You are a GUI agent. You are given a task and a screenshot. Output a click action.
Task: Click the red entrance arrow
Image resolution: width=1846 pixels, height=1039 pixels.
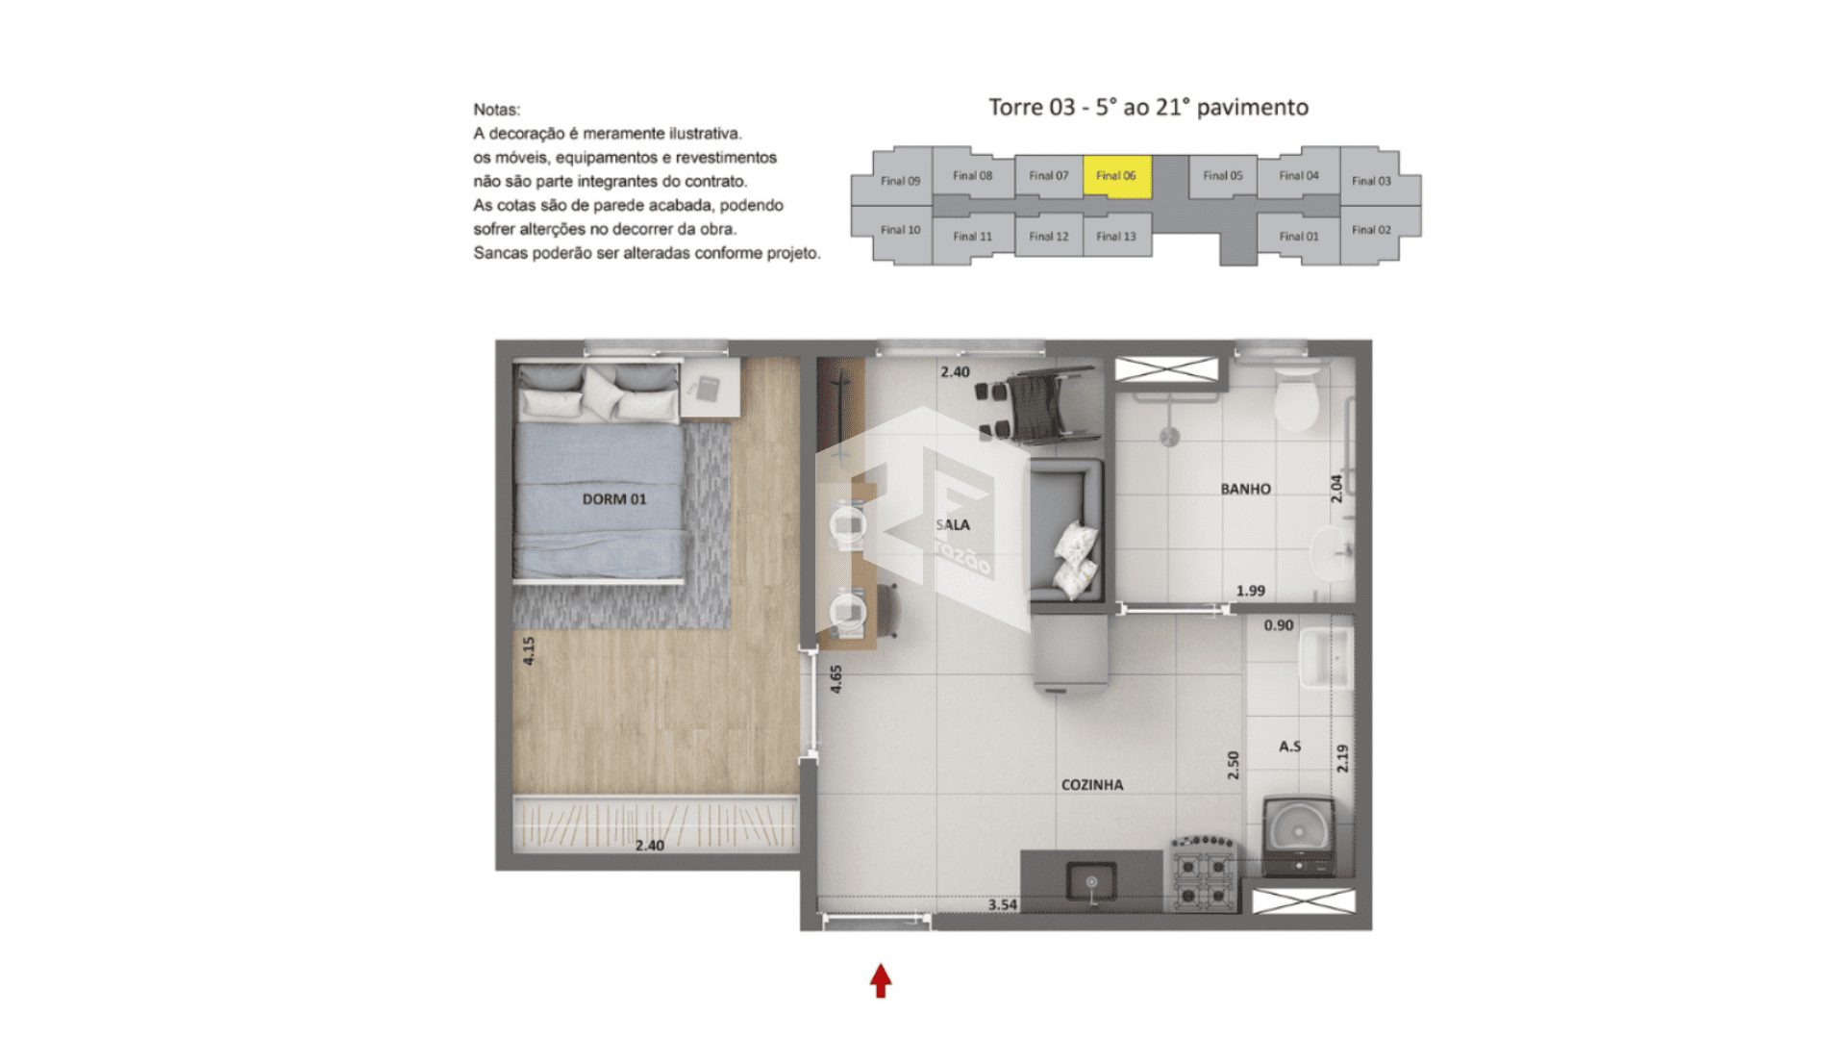coord(881,980)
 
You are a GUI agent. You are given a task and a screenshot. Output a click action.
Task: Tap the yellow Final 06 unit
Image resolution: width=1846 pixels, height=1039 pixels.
coord(1116,176)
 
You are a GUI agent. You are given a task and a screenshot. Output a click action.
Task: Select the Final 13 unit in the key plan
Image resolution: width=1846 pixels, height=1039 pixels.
coord(1116,236)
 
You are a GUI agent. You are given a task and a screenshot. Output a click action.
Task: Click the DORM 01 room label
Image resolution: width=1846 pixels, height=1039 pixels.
coord(614,499)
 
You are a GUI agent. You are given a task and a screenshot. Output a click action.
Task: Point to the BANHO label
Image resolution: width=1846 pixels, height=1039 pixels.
coord(1245,489)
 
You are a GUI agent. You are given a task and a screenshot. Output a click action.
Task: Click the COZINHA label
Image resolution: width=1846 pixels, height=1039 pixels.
coord(1092,785)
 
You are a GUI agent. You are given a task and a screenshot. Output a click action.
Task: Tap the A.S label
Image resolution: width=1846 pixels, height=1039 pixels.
coord(1289,747)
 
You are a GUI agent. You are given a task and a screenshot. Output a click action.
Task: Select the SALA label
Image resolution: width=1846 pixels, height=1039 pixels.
coord(953,524)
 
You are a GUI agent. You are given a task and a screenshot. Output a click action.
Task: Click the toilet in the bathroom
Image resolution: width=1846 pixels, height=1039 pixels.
coord(1296,398)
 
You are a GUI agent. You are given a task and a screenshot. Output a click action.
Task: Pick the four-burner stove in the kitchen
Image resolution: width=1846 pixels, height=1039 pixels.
coord(1204,874)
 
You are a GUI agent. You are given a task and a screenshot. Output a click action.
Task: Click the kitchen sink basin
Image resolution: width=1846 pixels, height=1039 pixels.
coord(1091,881)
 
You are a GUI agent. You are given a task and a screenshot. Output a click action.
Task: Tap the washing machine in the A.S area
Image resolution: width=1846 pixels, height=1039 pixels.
coord(1298,836)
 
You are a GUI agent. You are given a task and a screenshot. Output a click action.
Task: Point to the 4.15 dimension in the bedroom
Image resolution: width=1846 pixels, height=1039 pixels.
coord(529,651)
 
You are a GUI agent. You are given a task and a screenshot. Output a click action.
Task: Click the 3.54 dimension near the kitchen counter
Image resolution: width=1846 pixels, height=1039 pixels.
coord(1002,904)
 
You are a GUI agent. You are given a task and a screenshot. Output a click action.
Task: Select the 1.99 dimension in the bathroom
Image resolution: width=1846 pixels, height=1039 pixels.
coord(1251,591)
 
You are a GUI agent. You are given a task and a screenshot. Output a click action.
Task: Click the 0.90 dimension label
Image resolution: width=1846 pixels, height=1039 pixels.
coord(1279,625)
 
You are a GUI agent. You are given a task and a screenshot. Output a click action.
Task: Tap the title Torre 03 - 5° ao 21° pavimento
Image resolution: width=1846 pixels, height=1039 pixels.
coord(1149,107)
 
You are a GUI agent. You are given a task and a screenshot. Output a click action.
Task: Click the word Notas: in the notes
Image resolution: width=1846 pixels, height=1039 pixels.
coord(496,110)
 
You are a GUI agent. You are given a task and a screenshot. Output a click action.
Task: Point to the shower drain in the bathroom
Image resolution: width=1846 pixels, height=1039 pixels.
coord(1169,438)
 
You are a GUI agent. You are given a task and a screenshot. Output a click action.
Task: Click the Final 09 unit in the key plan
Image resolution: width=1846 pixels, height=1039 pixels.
coord(900,180)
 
